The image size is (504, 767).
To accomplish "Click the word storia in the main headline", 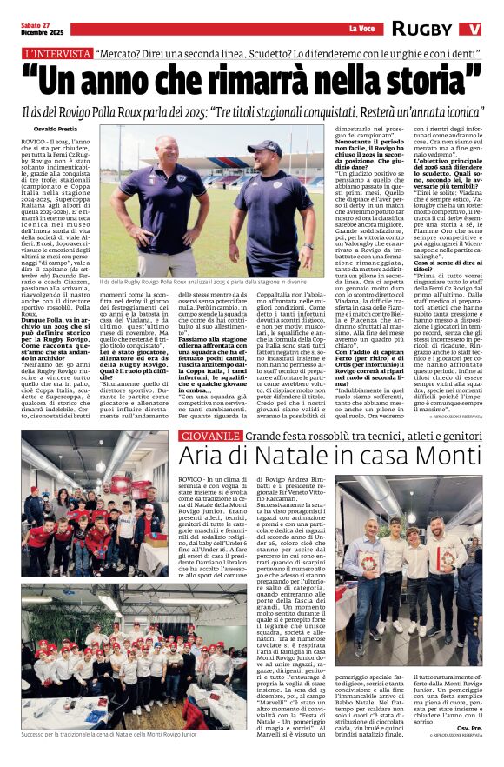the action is pos(386,79).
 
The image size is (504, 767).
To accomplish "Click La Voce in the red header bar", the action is pos(361,29).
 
